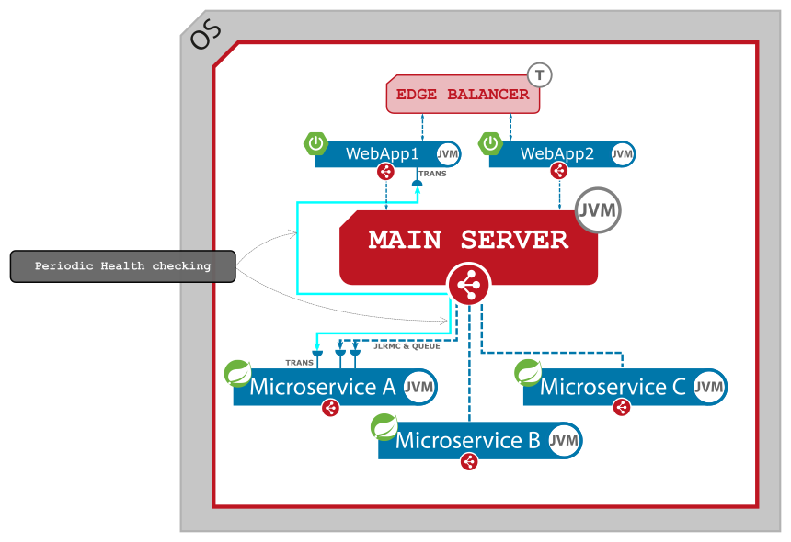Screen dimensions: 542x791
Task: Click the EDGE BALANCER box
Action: pyautogui.click(x=462, y=95)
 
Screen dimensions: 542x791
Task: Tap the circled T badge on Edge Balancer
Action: pyautogui.click(x=539, y=74)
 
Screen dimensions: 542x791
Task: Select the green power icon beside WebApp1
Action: pyautogui.click(x=316, y=143)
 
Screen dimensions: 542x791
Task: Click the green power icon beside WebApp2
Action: pyautogui.click(x=491, y=143)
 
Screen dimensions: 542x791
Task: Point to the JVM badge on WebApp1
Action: pyautogui.click(x=448, y=153)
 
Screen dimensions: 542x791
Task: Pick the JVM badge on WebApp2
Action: pyautogui.click(x=623, y=153)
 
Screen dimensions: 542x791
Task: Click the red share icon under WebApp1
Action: pyautogui.click(x=385, y=172)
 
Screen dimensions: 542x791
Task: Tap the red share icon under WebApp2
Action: pyautogui.click(x=558, y=171)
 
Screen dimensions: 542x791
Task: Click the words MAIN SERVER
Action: pyautogui.click(x=468, y=240)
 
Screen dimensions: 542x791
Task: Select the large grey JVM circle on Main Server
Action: pyautogui.click(x=598, y=210)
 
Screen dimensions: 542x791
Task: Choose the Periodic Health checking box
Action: pyautogui.click(x=123, y=266)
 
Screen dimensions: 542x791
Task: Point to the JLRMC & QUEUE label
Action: pyautogui.click(x=407, y=346)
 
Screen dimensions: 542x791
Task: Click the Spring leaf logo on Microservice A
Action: pyautogui.click(x=238, y=373)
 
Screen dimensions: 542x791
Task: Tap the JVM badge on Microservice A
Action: pyautogui.click(x=419, y=387)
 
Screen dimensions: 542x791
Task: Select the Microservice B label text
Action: pyautogui.click(x=467, y=440)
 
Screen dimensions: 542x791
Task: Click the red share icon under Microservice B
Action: pyautogui.click(x=469, y=461)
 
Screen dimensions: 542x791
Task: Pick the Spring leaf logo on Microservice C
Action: pyautogui.click(x=528, y=372)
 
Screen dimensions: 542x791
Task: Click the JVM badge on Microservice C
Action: pyautogui.click(x=708, y=387)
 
